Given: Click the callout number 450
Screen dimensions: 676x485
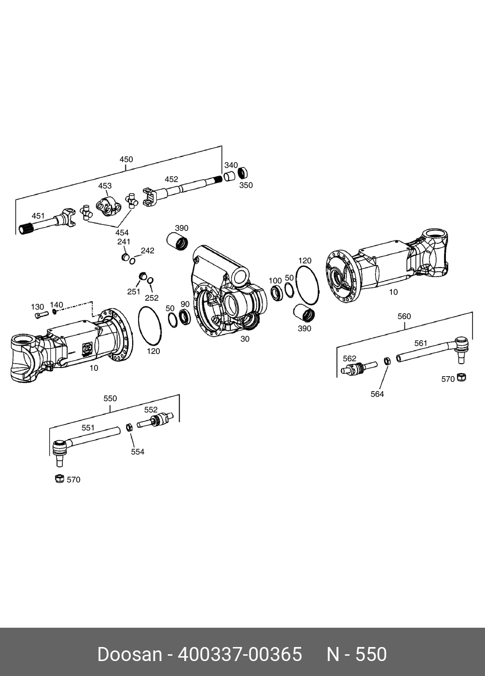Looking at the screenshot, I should (x=126, y=159).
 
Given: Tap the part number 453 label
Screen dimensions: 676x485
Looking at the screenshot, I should (x=105, y=186).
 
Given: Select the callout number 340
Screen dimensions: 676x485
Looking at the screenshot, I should (x=231, y=165).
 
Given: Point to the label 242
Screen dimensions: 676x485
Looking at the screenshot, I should (x=148, y=251).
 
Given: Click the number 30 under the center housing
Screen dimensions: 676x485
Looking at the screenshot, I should (x=245, y=339).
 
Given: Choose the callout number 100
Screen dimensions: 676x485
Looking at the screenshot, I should (x=275, y=281).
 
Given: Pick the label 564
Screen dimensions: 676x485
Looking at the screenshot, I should (x=377, y=394).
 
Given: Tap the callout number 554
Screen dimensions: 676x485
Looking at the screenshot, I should (x=138, y=452).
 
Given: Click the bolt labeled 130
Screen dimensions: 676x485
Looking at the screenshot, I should (x=41, y=315).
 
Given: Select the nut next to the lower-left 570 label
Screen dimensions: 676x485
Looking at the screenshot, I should (x=59, y=479).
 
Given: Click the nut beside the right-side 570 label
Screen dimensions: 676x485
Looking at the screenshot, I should (x=461, y=377).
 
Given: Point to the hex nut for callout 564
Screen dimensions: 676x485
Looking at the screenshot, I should (x=387, y=361).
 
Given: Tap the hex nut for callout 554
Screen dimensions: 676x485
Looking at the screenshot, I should (x=129, y=427).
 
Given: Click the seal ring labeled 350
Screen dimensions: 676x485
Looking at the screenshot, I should (x=243, y=173).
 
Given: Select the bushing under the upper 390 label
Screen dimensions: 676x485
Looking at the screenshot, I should (x=177, y=242).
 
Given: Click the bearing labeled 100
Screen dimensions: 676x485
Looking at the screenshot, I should (x=277, y=293).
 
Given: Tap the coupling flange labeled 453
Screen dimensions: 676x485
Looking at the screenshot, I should (x=108, y=206).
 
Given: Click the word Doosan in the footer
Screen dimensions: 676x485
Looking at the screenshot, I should (x=129, y=654).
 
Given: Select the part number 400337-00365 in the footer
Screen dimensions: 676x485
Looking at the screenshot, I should (x=240, y=654).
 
